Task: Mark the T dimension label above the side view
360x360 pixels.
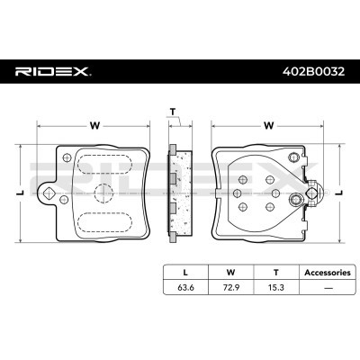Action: [172, 112]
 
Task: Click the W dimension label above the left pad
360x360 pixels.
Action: [94, 126]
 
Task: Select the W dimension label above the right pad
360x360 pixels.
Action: [267, 126]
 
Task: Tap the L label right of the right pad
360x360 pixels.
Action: [340, 192]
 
